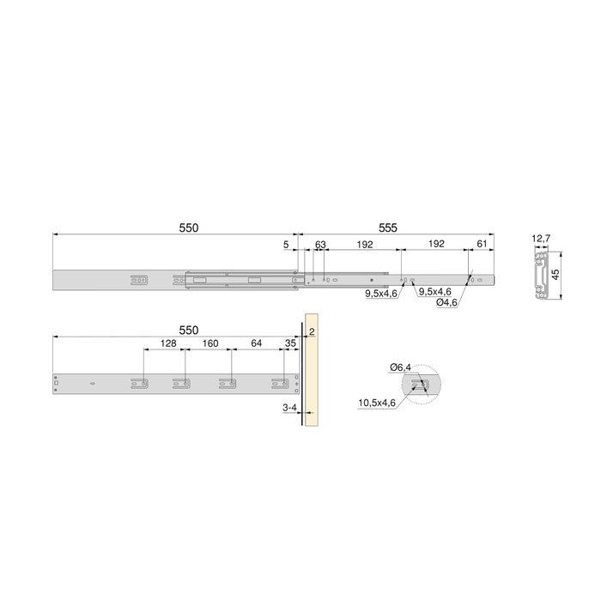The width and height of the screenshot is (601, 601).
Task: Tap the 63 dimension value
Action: pyautogui.click(x=320, y=245)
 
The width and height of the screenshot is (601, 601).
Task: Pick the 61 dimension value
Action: pyautogui.click(x=481, y=245)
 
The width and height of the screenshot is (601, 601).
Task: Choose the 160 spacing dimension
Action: pyautogui.click(x=209, y=343)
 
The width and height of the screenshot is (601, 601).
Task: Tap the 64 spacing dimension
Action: pyautogui.click(x=256, y=343)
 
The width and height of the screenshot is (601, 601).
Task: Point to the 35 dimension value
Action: pyautogui.click(x=289, y=343)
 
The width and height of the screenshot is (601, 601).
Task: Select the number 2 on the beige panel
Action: pyautogui.click(x=312, y=331)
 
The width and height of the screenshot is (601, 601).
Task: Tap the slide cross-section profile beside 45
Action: pyautogui.click(x=542, y=276)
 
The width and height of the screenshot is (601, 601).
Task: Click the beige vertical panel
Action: pyautogui.click(x=312, y=378)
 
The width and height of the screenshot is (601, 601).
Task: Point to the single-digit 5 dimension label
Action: pyautogui.click(x=285, y=245)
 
